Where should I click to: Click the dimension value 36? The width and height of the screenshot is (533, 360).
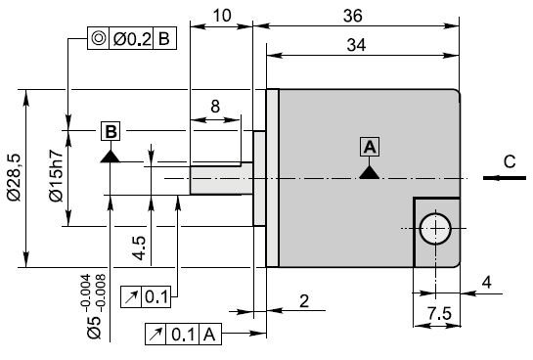tap(353, 16)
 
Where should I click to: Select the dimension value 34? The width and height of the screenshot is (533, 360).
tap(356, 45)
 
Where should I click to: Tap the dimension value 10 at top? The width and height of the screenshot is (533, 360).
tap(222, 16)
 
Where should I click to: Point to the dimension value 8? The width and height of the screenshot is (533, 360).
tap(215, 107)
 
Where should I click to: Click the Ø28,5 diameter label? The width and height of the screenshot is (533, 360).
tap(15, 177)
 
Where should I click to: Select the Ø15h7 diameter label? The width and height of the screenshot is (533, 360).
tap(56, 175)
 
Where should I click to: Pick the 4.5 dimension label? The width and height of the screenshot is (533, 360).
tap(140, 248)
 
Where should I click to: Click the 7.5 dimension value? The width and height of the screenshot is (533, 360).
tap(439, 313)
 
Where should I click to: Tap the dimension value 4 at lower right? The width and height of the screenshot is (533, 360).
tap(487, 283)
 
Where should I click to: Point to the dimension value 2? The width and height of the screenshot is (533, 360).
tap(304, 301)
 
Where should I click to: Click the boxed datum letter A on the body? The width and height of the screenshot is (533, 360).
tap(370, 147)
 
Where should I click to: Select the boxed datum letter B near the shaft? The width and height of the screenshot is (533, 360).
tap(111, 131)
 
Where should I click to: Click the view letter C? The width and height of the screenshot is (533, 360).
tap(510, 161)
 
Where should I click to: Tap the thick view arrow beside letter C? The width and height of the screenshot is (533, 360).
tap(505, 178)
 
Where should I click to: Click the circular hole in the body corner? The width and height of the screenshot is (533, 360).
tap(435, 229)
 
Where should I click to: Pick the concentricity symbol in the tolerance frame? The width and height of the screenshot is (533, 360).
tap(98, 38)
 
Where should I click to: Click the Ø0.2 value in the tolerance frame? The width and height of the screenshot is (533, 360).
tap(132, 39)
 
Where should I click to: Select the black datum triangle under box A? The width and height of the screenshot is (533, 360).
tap(370, 173)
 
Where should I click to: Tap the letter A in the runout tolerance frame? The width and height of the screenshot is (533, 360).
tap(209, 335)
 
